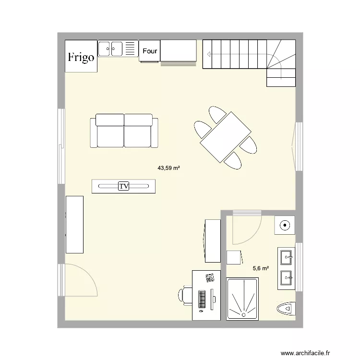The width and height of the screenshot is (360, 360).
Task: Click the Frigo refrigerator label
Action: tap(81, 58)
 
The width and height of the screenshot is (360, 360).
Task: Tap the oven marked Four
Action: tap(150, 50)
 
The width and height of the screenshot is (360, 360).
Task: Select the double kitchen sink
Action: tap(111, 48)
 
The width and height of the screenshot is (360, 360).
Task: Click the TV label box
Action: tap(124, 186)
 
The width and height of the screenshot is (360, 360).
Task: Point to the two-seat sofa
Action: tap(124, 131)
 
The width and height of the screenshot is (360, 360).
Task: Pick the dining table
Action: tap(226, 137)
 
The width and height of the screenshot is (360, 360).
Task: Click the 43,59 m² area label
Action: tap(168, 168)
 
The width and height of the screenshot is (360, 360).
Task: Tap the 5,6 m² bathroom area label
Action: tap(261, 269)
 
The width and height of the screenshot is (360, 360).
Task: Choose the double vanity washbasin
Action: tap(287, 268)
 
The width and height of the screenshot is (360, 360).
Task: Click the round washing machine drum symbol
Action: tap(286, 224)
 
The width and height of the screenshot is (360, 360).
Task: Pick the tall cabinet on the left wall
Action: tap(74, 224)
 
